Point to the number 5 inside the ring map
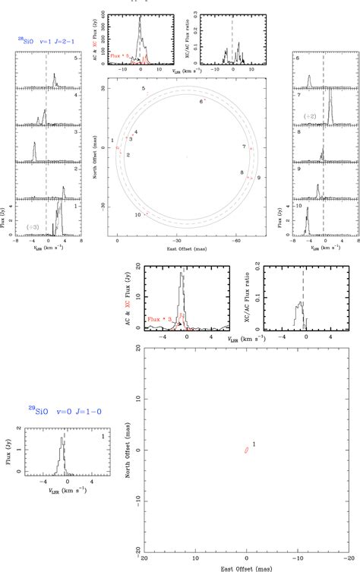pos(143,90)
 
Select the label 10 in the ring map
pos(137,214)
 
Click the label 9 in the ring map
pos(259,177)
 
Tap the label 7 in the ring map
pos(244,146)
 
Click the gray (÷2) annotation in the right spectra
pos(310,116)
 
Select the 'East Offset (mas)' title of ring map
pos(187,248)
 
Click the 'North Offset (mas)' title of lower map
pos(129,448)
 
